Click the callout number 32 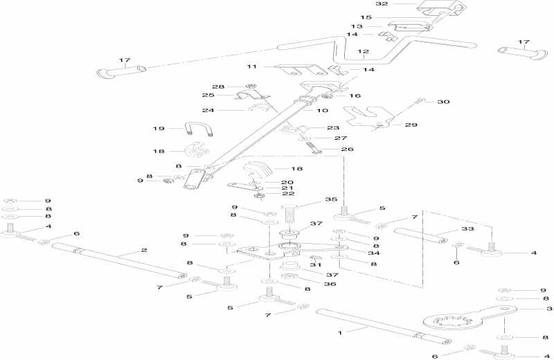[x=402, y=4]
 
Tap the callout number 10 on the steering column [x=323, y=111]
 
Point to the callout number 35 [x=320, y=199]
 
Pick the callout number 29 [x=411, y=125]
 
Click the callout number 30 [x=443, y=102]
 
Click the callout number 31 [x=316, y=264]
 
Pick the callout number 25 [x=208, y=96]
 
